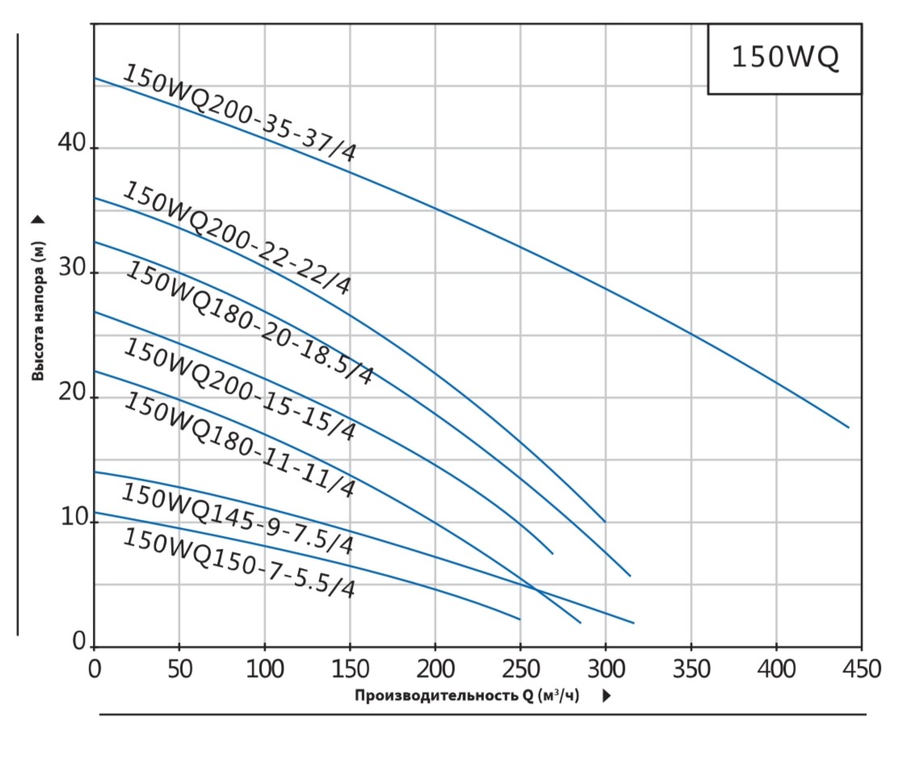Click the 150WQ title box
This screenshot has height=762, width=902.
point(784,59)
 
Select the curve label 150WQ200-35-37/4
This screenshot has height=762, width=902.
point(239,113)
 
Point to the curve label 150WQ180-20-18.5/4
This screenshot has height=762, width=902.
point(249,323)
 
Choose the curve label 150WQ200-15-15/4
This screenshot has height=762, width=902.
point(239,389)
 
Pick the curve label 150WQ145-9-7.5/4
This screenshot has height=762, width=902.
point(237,519)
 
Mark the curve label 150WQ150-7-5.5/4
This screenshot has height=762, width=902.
point(238,562)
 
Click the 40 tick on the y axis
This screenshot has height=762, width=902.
point(73,144)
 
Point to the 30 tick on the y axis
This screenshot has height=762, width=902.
point(73,269)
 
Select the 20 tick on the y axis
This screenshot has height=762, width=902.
point(73,393)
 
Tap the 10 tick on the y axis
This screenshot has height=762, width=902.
point(73,517)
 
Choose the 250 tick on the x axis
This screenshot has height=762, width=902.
point(520,668)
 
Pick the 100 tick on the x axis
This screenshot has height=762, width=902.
point(264,668)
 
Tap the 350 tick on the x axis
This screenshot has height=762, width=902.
point(690,668)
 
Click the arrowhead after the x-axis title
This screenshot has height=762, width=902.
point(606,696)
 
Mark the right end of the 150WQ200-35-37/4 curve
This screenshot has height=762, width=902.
point(849,427)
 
